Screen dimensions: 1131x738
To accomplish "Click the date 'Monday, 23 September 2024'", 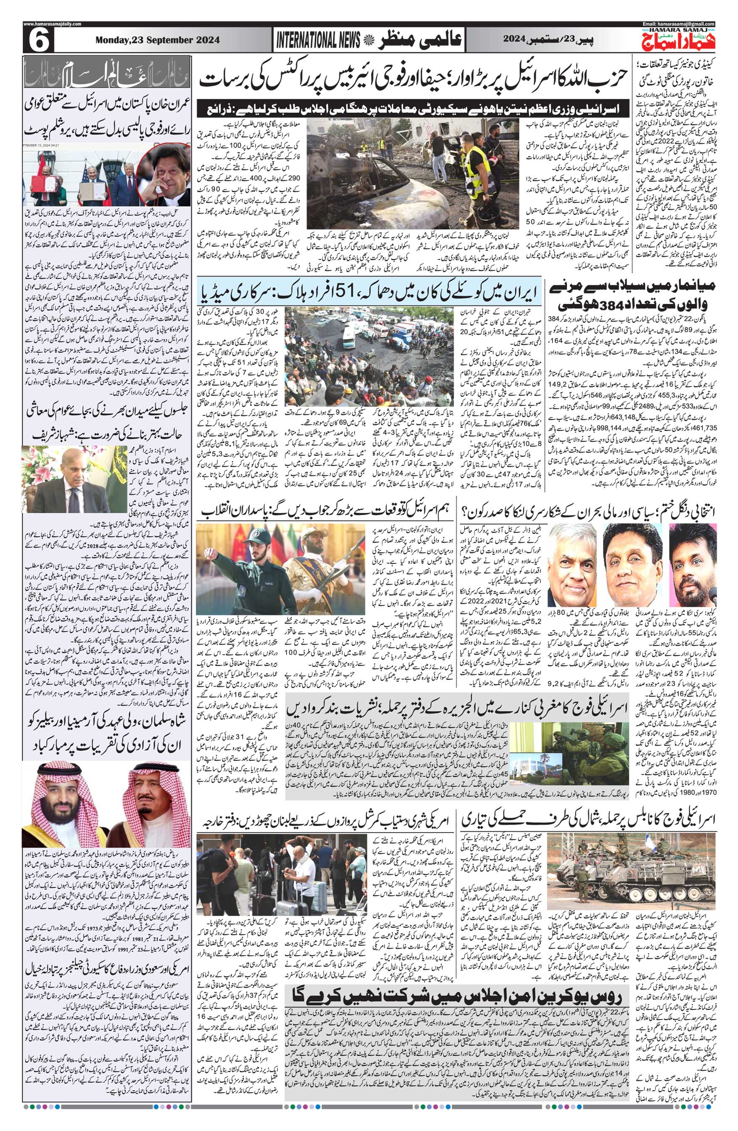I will pyautogui.click(x=157, y=41).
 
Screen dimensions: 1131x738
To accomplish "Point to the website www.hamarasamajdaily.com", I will pyautogui.click(x=52, y=24).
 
